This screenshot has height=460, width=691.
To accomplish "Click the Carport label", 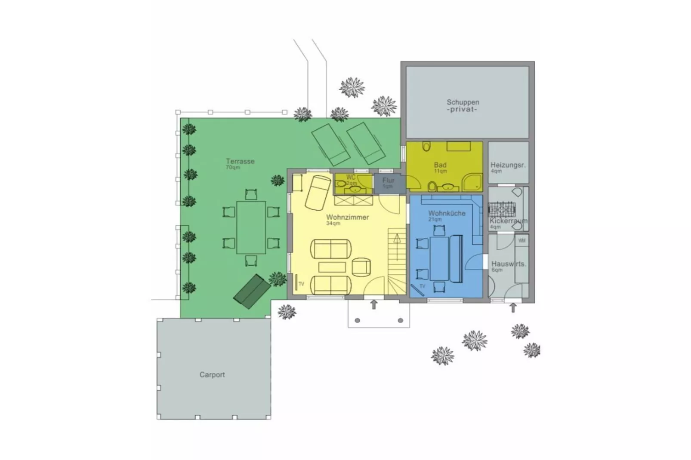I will [212, 375].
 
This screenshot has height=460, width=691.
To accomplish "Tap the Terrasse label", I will [240, 162].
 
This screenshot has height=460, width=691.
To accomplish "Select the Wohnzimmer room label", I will [347, 218].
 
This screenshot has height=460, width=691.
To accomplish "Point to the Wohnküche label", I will [447, 213].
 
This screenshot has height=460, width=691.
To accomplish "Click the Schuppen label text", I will [463, 102].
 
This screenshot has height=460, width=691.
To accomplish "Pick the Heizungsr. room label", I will [508, 165].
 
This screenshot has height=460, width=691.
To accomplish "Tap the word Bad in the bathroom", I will [440, 165].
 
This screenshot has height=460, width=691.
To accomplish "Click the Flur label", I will [388, 181].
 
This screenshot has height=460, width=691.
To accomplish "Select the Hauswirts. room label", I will [509, 264].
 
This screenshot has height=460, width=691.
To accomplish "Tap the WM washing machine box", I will [521, 241].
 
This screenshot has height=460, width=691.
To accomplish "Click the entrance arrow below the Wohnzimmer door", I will [374, 305].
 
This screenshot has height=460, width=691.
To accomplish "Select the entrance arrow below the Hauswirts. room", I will [512, 307].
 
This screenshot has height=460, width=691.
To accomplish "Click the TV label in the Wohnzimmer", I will [301, 284].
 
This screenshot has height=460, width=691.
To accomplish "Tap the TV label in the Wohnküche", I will [422, 286].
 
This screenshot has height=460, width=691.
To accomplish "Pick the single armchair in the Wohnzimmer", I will [361, 267].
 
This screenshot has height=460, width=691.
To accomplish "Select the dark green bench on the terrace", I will [252, 291].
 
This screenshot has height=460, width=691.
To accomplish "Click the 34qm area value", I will [333, 224].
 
